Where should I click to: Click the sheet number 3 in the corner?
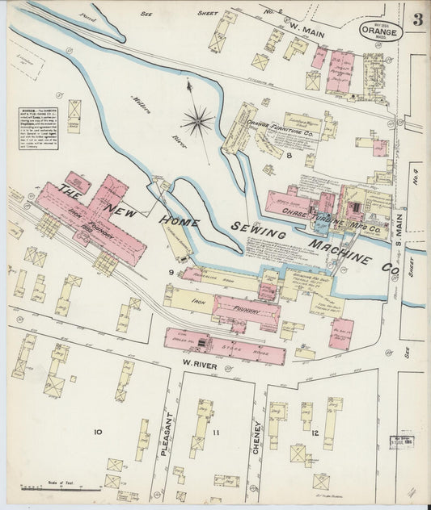(416, 20)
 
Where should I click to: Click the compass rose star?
(197, 122)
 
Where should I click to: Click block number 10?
(97, 432)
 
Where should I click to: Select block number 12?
(315, 434)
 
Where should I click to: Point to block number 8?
(288, 153)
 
